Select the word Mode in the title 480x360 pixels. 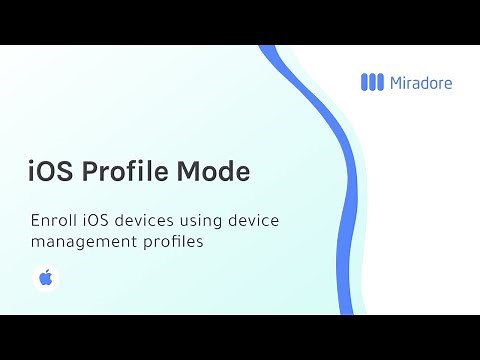(212, 172)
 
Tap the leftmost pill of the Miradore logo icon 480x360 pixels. (364, 83)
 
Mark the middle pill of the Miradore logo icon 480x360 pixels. (373, 83)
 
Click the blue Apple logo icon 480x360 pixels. (45, 278)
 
